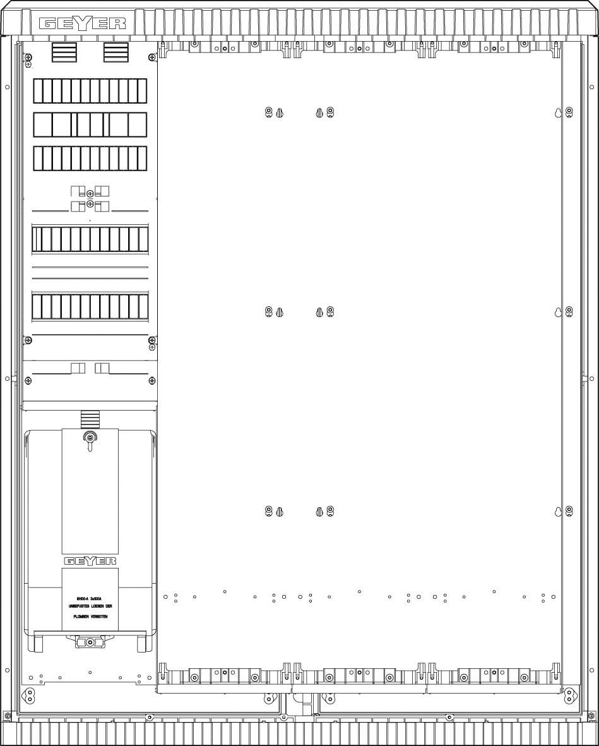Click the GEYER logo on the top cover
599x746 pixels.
click(x=83, y=24)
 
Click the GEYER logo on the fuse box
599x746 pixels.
click(x=90, y=560)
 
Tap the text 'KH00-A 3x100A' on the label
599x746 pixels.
click(x=89, y=597)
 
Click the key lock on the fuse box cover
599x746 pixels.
click(x=90, y=437)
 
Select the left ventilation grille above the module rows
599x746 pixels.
click(x=64, y=52)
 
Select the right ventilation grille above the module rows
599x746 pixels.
click(x=116, y=52)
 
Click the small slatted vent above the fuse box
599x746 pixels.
click(x=90, y=418)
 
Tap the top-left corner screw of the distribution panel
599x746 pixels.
click(x=28, y=58)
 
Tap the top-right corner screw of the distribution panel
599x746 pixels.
click(x=152, y=58)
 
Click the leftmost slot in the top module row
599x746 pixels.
click(x=38, y=91)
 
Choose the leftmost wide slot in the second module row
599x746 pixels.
click(x=42, y=124)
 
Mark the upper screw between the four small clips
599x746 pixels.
click(x=90, y=193)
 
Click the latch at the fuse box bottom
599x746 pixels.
click(x=90, y=642)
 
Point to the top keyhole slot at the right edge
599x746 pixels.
click(x=558, y=113)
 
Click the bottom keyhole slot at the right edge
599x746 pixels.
click(x=558, y=512)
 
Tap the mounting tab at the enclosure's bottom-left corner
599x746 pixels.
click(x=28, y=695)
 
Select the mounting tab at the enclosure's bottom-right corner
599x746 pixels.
click(x=570, y=695)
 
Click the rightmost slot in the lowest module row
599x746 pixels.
click(x=143, y=306)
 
